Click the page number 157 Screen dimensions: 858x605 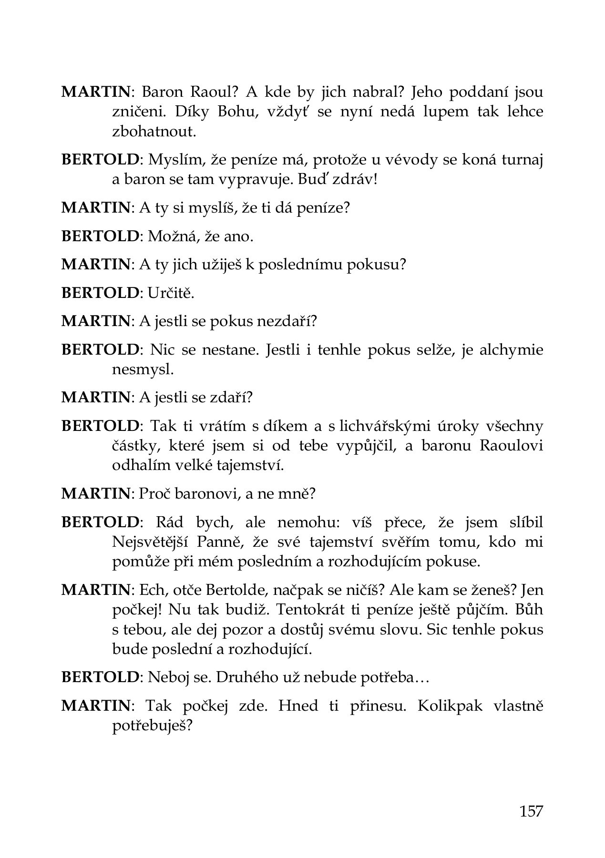click(x=531, y=810)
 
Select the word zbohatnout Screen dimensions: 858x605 click(x=154, y=132)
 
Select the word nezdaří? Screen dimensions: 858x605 click(x=287, y=321)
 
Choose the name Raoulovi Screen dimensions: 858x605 click(x=512, y=446)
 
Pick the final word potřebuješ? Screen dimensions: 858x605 click(x=152, y=726)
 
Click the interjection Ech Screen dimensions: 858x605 click(x=149, y=590)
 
